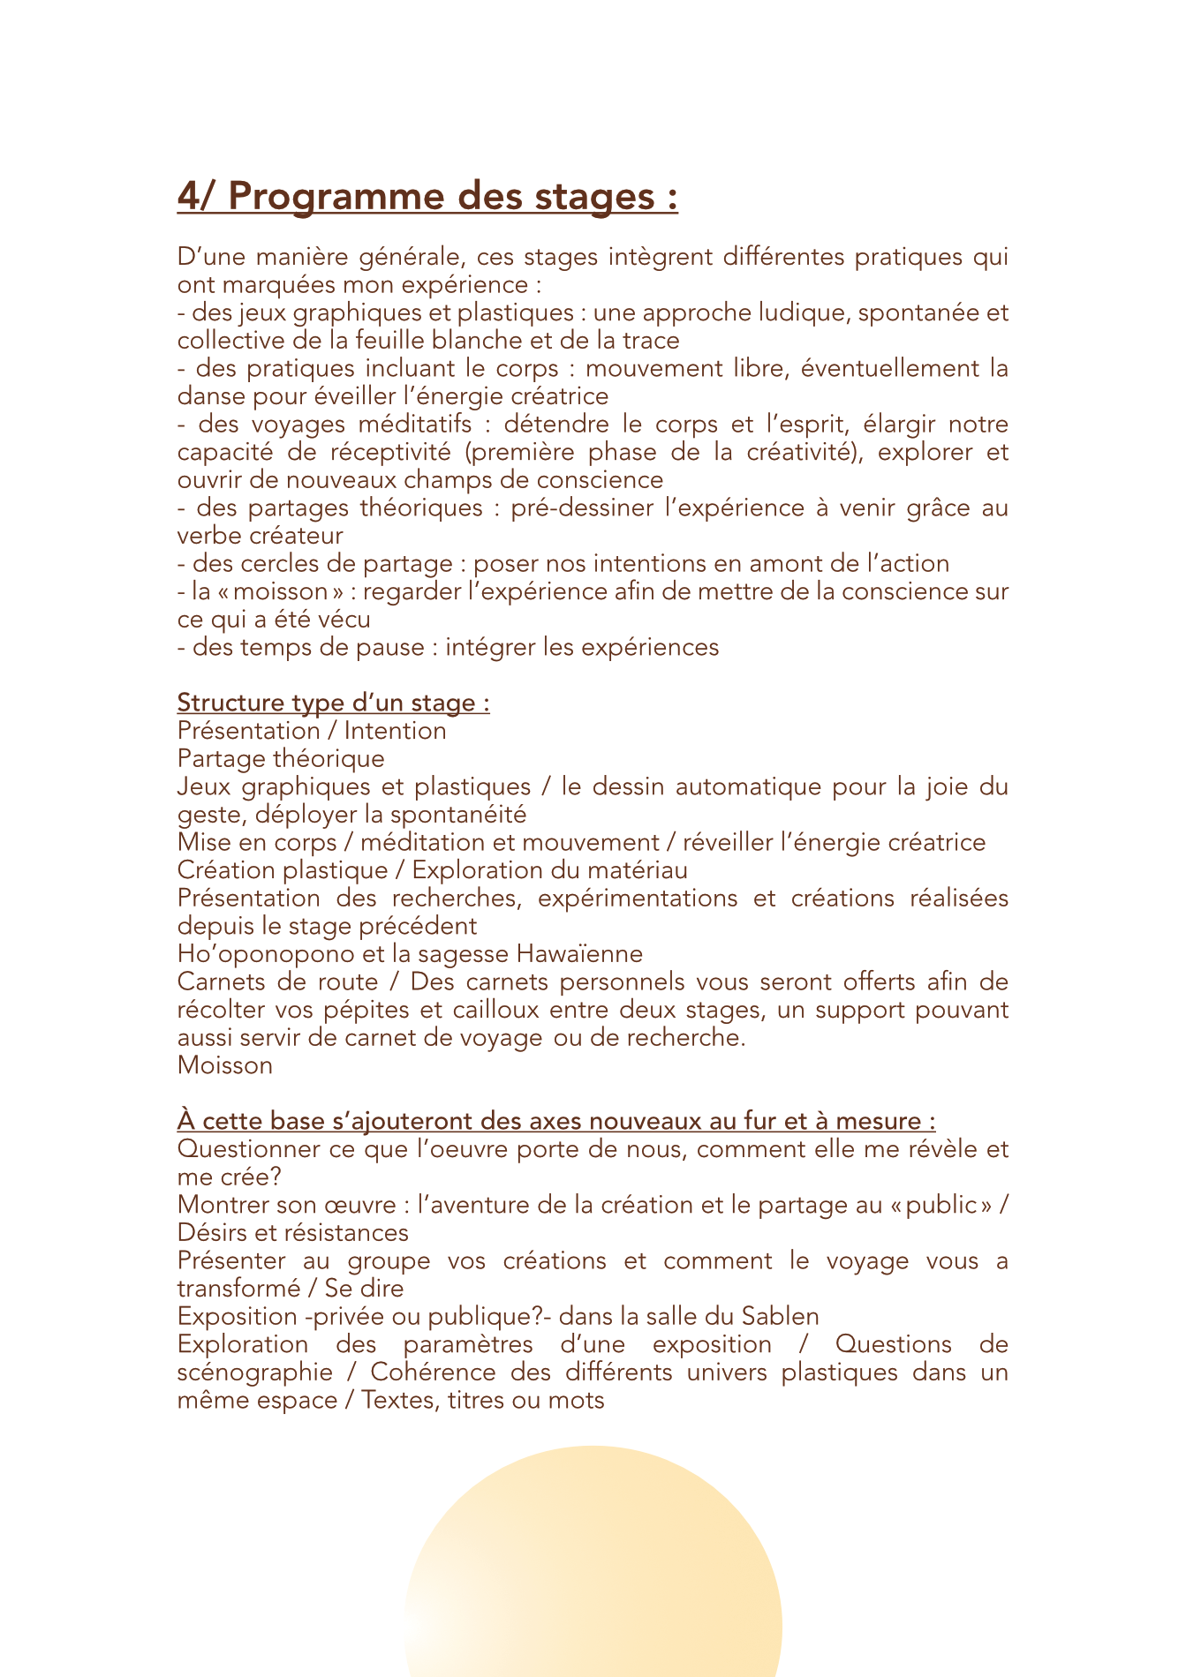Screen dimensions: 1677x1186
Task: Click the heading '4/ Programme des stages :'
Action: click(x=427, y=196)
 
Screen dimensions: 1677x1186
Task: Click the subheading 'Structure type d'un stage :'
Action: click(x=333, y=703)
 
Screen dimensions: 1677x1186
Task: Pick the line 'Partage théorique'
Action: click(x=281, y=759)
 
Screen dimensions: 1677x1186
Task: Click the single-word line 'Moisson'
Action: click(x=225, y=1065)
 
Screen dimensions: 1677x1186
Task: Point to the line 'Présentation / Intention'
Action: click(x=312, y=731)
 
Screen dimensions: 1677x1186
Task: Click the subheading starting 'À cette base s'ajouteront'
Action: click(x=556, y=1121)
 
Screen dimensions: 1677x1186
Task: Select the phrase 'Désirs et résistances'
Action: click(x=293, y=1233)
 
